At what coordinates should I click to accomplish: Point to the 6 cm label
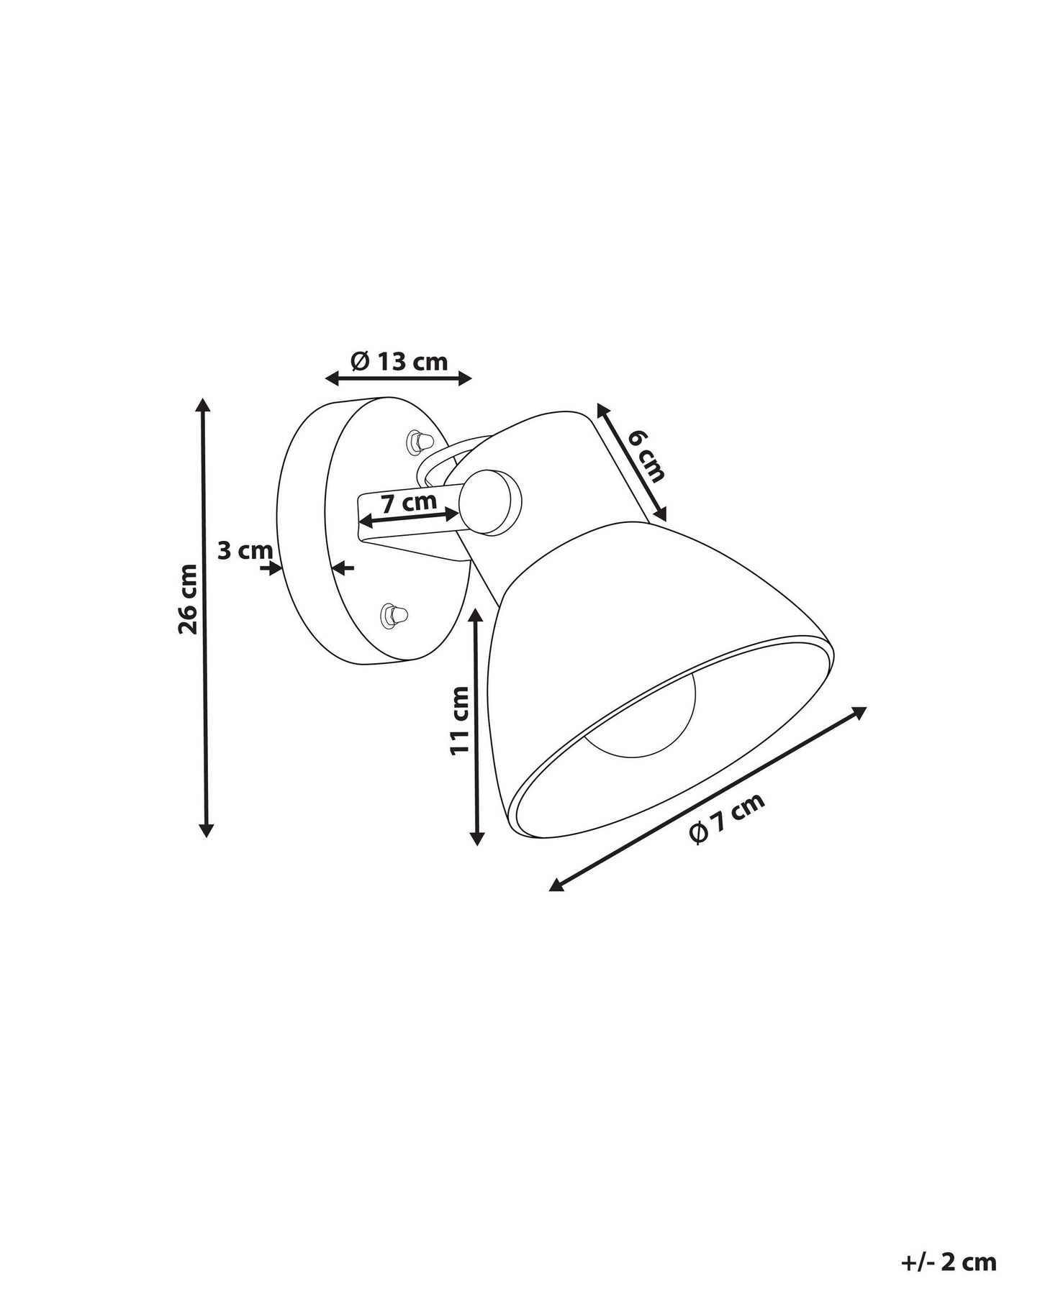click(646, 456)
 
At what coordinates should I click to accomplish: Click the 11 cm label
click(459, 720)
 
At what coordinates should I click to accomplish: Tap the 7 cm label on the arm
click(409, 501)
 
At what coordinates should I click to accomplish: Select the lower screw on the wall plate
click(394, 614)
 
